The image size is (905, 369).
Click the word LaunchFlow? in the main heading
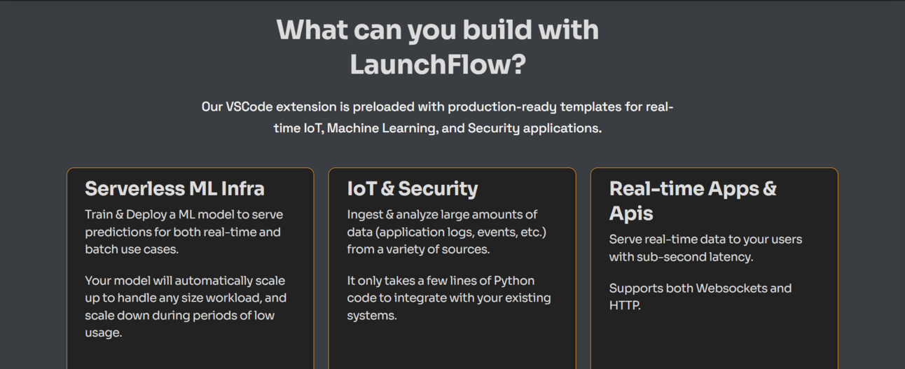coord(438,64)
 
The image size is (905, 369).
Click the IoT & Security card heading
coord(413,189)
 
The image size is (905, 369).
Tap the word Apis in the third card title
coord(631,214)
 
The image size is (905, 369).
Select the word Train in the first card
coord(99,214)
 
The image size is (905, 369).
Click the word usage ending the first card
coord(103,333)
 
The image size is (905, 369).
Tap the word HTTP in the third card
coord(625,305)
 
